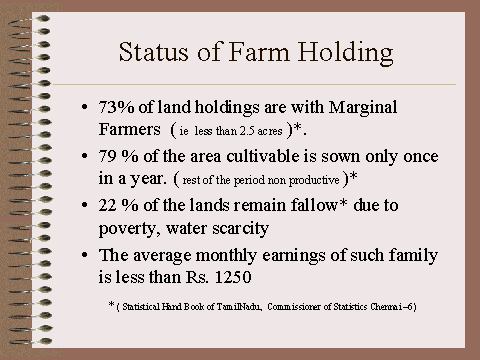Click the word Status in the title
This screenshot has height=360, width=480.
tap(153, 52)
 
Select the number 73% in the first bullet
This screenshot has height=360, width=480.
tap(116, 107)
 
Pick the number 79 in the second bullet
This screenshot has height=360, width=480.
tap(107, 156)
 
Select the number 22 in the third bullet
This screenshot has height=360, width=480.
tap(107, 205)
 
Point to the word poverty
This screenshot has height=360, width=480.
tap(129, 229)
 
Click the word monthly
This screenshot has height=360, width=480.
tap(226, 255)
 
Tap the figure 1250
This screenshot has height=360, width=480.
tap(233, 277)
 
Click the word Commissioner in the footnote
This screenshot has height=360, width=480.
tap(294, 306)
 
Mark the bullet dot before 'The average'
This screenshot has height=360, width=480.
tap(85, 255)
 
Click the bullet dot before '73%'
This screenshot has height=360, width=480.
tap(85, 107)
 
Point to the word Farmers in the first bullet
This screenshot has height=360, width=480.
tap(129, 129)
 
